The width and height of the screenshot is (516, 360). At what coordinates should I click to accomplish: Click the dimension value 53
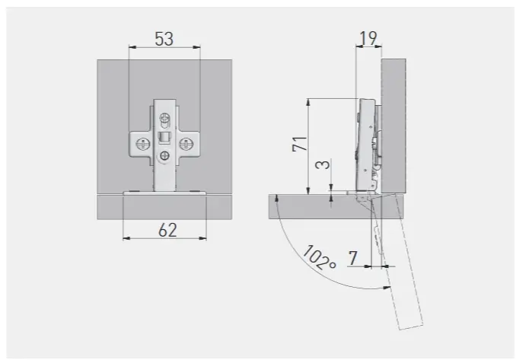coord(164,39)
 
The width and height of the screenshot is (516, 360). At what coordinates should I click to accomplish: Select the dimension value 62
coord(167,230)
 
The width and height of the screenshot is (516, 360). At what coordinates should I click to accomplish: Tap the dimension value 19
coord(368,38)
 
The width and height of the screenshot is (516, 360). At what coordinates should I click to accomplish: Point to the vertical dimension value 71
coord(299,144)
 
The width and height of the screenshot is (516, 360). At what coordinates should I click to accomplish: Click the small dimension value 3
coord(323,164)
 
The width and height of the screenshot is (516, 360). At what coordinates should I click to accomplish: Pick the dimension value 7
coord(353,258)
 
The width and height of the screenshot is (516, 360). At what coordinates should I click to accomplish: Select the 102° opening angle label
coord(319,258)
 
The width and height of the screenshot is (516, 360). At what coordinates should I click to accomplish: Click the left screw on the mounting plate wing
coord(142,144)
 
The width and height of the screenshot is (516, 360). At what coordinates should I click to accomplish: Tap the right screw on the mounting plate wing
coord(186,144)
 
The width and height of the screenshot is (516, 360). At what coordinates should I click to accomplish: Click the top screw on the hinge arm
coord(164,117)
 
